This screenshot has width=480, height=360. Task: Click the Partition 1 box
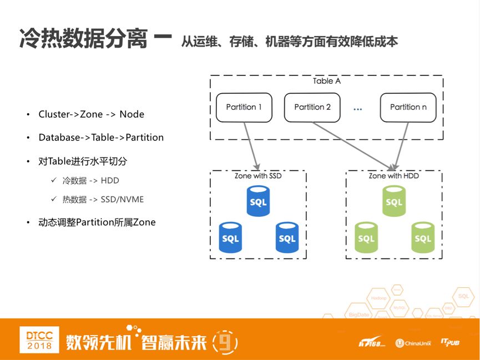point(244,107)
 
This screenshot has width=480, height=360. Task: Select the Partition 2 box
point(312,107)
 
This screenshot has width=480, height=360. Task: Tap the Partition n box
point(408,107)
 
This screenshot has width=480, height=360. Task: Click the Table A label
point(326,81)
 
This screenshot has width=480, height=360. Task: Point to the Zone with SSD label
point(259,176)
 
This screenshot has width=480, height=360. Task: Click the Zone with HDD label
point(394,176)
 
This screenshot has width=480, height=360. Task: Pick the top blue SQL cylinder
point(259,201)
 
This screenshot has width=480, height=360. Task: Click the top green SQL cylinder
point(394,201)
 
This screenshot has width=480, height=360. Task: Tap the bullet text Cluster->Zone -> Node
point(91,114)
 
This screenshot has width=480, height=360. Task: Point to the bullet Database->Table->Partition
point(101,137)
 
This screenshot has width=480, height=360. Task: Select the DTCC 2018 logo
point(39,339)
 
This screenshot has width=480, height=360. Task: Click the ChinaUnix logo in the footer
point(413,343)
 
